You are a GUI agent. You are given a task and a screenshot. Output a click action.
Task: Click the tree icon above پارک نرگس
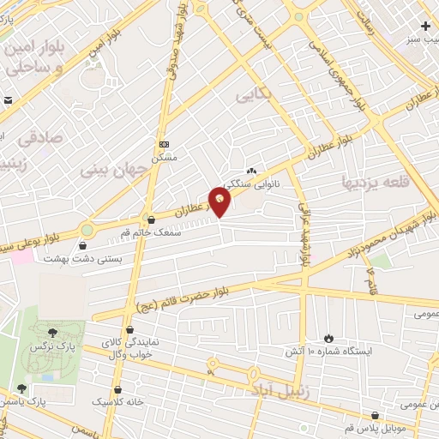[53, 332]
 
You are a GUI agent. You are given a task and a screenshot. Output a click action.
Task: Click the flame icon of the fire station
[327, 337]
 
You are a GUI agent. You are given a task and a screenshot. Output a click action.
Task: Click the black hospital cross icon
[425, 27]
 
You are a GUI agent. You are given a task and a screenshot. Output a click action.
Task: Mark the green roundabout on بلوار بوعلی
[87, 230]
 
